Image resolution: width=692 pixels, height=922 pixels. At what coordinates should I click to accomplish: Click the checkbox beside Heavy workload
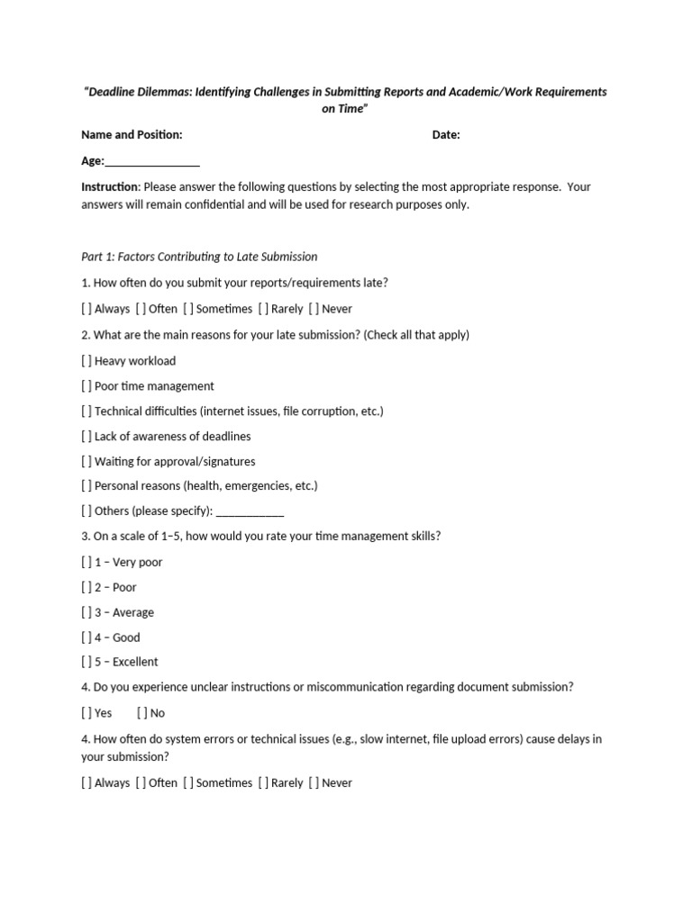pyautogui.click(x=86, y=361)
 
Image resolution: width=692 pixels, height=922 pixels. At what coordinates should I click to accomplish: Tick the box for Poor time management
pyautogui.click(x=86, y=386)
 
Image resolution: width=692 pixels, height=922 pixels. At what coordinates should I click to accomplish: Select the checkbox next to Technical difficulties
pyautogui.click(x=86, y=411)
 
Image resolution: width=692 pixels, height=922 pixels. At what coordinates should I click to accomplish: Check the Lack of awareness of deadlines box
pyautogui.click(x=86, y=437)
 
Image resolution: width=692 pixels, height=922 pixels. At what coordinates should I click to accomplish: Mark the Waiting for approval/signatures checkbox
pyautogui.click(x=86, y=462)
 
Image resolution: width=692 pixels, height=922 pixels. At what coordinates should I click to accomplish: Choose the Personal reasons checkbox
pyautogui.click(x=86, y=486)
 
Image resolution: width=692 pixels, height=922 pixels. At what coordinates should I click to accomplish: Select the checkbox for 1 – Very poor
pyautogui.click(x=86, y=563)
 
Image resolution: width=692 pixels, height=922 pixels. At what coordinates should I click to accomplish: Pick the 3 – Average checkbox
pyautogui.click(x=86, y=613)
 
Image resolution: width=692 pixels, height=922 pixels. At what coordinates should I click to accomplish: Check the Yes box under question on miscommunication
pyautogui.click(x=86, y=713)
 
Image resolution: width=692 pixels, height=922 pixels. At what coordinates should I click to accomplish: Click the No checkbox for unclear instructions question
pyautogui.click(x=142, y=713)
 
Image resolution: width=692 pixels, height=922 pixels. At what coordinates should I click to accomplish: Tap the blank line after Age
pyautogui.click(x=152, y=163)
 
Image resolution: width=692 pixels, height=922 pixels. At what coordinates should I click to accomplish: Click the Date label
pyautogui.click(x=446, y=135)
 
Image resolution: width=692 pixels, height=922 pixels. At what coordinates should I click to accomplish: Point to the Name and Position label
pyautogui.click(x=132, y=135)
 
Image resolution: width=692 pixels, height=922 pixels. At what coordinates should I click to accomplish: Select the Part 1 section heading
pyautogui.click(x=199, y=257)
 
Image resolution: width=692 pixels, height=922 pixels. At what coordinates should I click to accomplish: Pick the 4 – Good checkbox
pyautogui.click(x=86, y=638)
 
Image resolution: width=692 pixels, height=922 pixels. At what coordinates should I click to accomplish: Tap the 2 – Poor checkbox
pyautogui.click(x=86, y=588)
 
